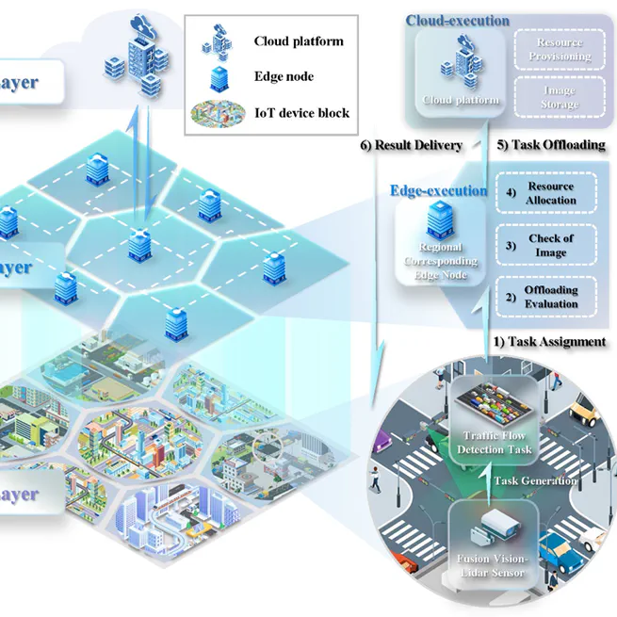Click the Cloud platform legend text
[x=299, y=41]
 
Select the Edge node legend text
[x=285, y=77]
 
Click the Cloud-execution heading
[x=457, y=21]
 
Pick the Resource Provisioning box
[x=559, y=50]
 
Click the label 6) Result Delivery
[x=412, y=145]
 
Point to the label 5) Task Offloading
[x=550, y=145]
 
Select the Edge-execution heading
[x=439, y=190]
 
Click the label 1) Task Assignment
[x=550, y=341]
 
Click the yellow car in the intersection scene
[x=584, y=411]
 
